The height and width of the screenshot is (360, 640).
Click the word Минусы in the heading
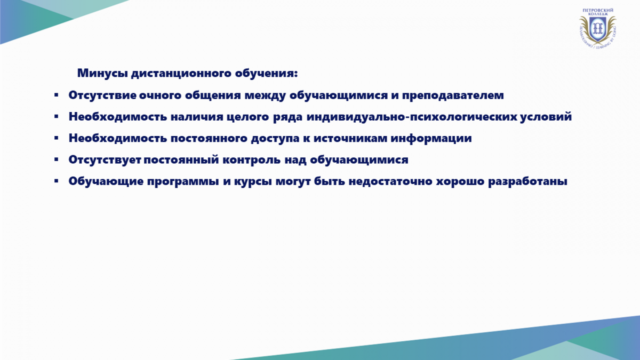(x=102, y=73)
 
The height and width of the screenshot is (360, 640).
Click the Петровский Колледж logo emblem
(x=597, y=28)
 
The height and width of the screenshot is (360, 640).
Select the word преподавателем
(x=453, y=95)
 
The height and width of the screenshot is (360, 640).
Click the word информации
(x=431, y=139)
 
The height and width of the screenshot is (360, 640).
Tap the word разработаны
(x=527, y=182)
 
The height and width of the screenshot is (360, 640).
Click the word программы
(x=183, y=182)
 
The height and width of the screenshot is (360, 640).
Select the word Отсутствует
(x=105, y=159)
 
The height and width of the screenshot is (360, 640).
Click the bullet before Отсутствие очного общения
(x=57, y=95)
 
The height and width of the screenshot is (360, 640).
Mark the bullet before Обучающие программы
(x=57, y=181)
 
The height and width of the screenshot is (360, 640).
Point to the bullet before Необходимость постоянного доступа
(x=57, y=138)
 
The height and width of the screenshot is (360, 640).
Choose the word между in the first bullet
(x=265, y=95)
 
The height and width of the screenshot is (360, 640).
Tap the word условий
(x=546, y=117)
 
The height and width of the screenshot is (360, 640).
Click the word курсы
(x=253, y=182)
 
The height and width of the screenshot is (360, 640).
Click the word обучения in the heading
(x=266, y=74)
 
